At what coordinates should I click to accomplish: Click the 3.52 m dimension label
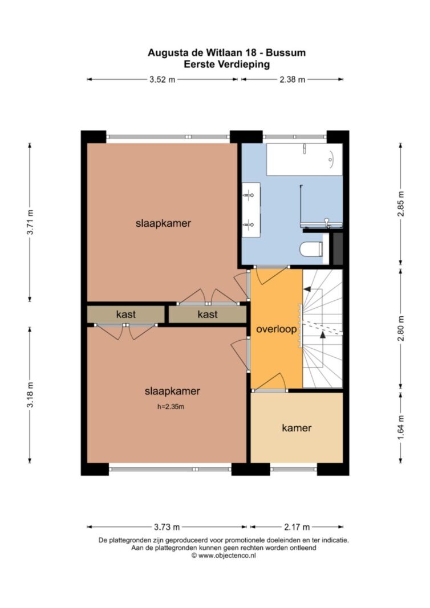pos(162,79)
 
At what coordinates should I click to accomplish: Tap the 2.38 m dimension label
pos(292,79)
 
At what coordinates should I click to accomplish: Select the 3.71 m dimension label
pos(30,222)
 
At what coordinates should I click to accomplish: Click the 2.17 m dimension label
pos(297,527)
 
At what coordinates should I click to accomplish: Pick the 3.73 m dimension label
pos(167,527)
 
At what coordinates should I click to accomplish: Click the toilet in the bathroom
pos(311,250)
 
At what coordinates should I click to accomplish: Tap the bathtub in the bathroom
pos(305,160)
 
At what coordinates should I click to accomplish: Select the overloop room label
pos(277,329)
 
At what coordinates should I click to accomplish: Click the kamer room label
pos(297,428)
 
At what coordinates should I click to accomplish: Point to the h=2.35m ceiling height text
pos(171,407)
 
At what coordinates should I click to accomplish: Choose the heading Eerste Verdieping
pos(226,64)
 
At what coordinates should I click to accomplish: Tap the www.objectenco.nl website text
pos(227,555)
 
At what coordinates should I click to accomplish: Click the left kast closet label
pos(125,314)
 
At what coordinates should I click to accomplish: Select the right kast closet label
pos(208,314)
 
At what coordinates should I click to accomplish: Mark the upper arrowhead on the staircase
pos(307,289)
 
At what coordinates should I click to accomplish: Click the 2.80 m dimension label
pos(401,328)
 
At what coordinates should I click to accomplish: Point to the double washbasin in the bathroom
pos(251,209)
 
